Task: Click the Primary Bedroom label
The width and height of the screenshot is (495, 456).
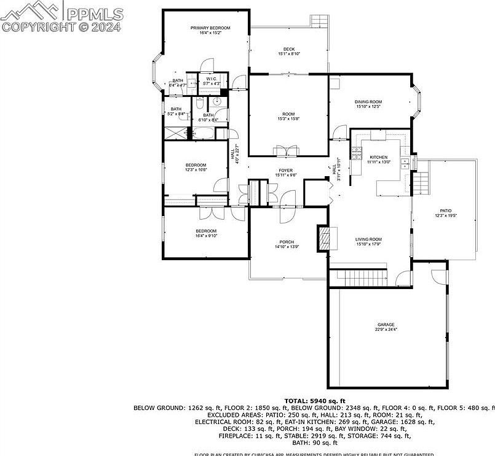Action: pos(210,28)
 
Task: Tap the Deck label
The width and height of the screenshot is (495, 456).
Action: pos(288,50)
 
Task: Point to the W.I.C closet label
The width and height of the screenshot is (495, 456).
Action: pos(211,79)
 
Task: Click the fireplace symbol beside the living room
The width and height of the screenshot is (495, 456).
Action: pos(323,238)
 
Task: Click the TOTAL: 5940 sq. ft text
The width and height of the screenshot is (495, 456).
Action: pos(314,400)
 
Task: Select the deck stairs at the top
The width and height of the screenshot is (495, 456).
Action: pos(319,21)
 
